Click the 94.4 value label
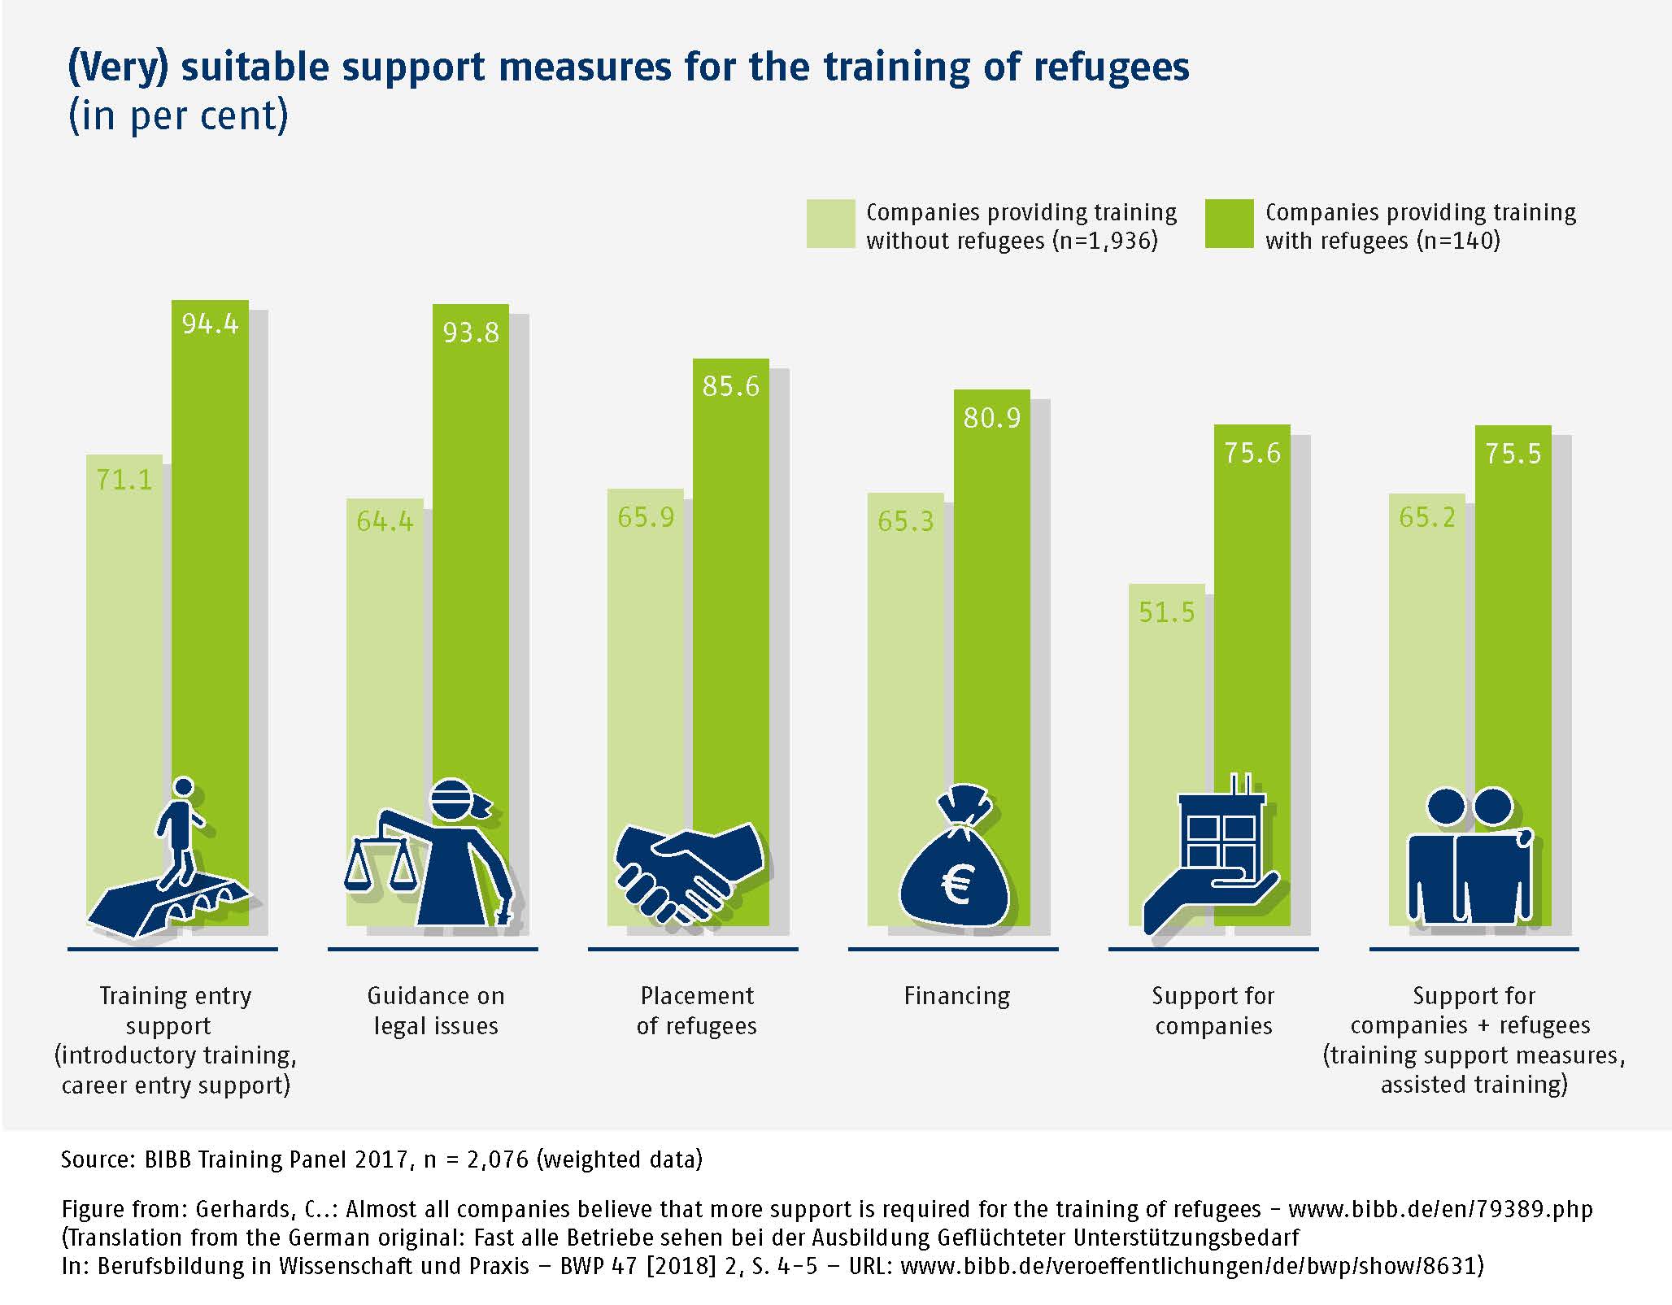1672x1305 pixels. click(210, 324)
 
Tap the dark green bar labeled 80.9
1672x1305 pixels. click(991, 610)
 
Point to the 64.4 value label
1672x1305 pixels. click(385, 521)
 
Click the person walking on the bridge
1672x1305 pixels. click(181, 829)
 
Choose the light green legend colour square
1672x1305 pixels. click(830, 224)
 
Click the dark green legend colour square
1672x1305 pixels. click(1229, 224)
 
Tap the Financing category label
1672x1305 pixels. click(956, 996)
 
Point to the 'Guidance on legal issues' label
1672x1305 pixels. click(436, 1011)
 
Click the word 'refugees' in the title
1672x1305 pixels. click(1111, 67)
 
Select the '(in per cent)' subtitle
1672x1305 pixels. click(178, 116)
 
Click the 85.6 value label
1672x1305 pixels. click(730, 386)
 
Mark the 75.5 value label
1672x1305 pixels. click(1513, 454)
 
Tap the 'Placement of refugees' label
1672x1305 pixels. click(697, 1011)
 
